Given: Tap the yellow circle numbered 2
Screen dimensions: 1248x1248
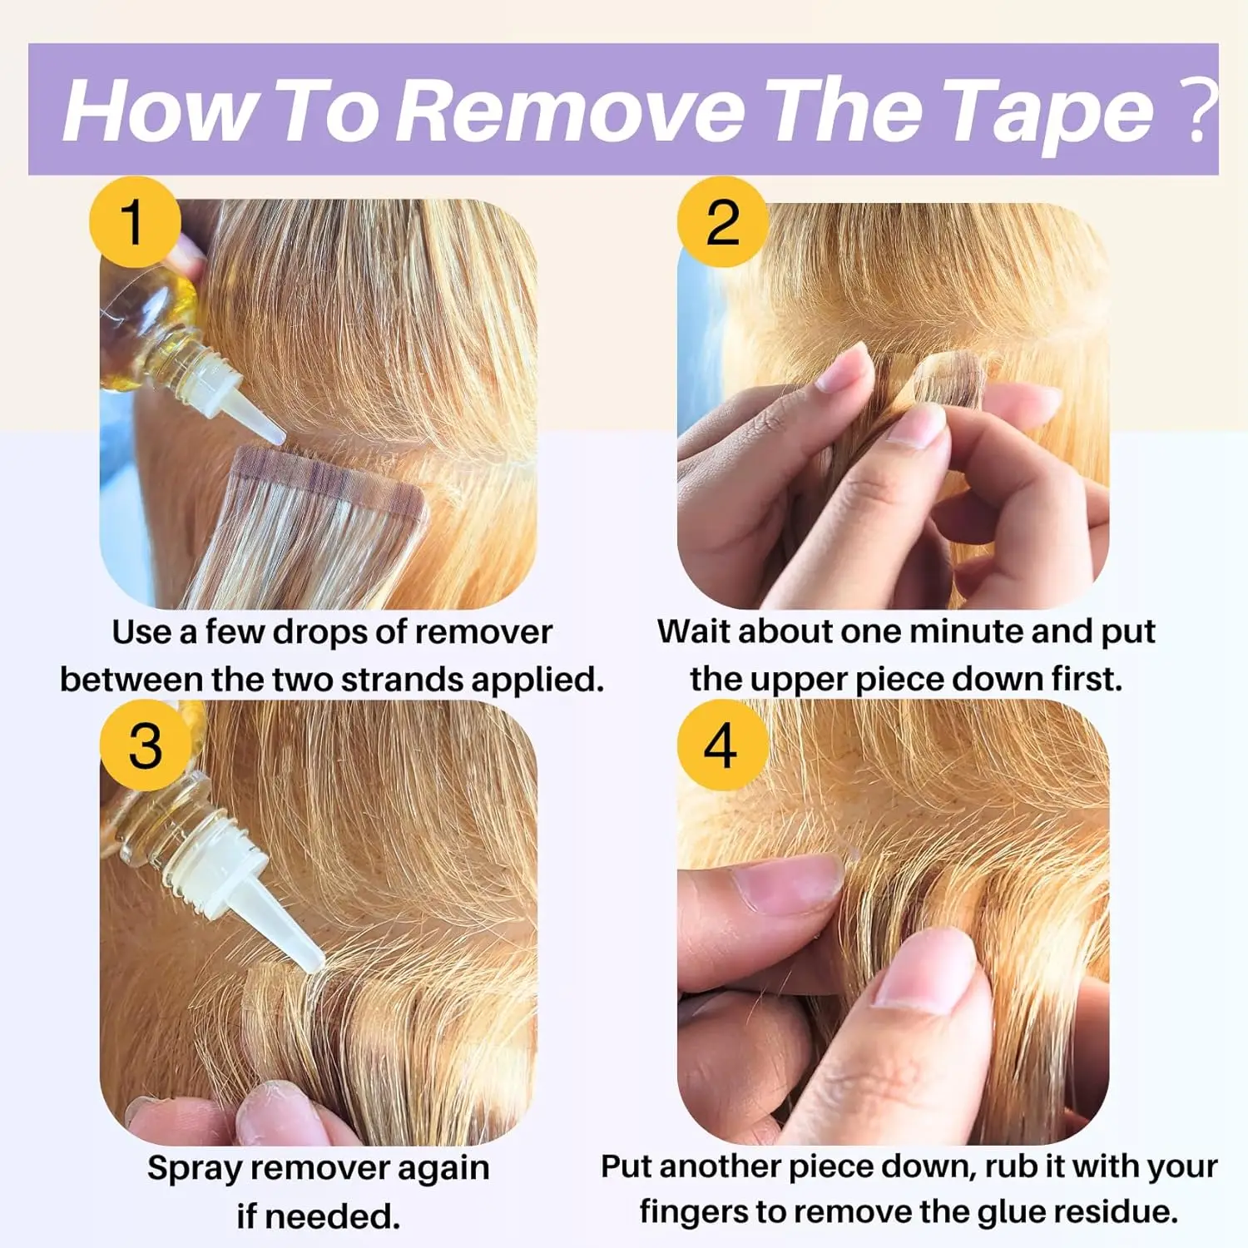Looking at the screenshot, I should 722,222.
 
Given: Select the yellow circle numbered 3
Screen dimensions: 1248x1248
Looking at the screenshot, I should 146,745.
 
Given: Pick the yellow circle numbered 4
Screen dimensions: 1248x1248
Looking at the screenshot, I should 721,745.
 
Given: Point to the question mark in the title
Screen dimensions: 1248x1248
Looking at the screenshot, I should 1198,110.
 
